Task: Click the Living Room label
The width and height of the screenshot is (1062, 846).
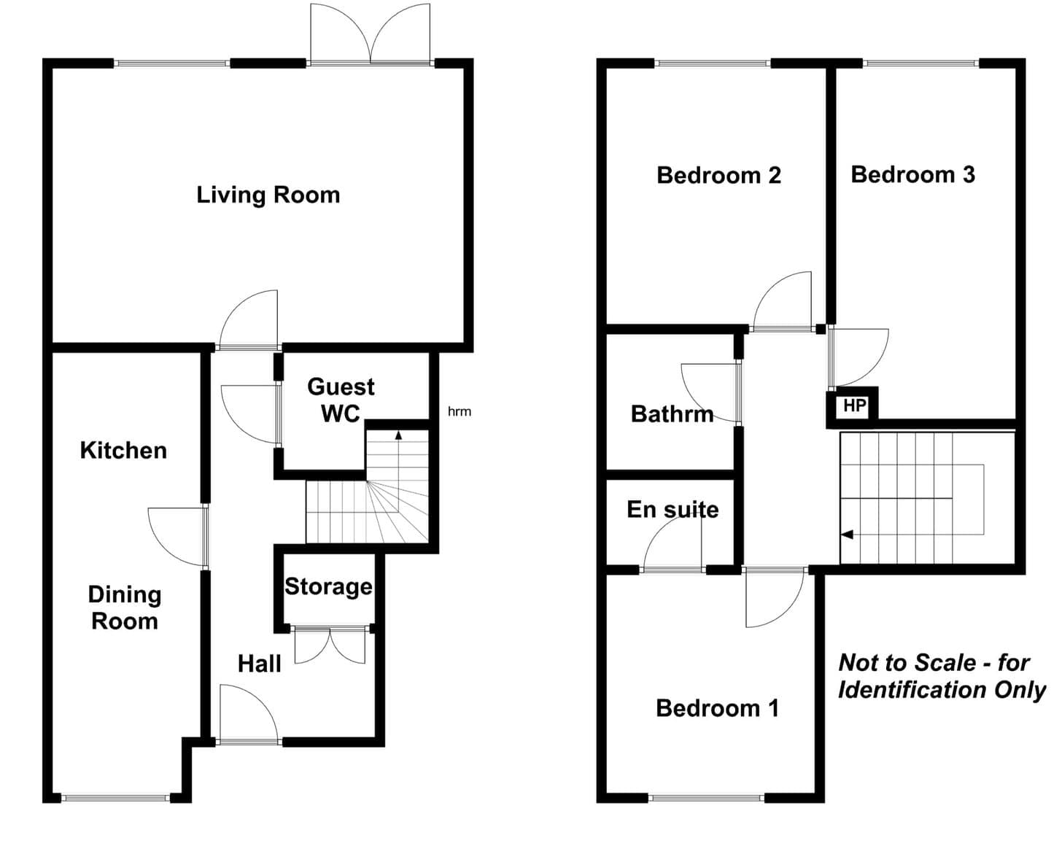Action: point(268,195)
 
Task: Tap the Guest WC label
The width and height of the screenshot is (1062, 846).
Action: point(341,400)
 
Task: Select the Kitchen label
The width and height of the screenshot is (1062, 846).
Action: point(123,451)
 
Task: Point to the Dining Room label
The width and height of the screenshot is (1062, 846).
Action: point(125,608)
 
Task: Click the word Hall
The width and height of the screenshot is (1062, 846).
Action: point(260,664)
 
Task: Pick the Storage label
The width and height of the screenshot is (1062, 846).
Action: point(328,587)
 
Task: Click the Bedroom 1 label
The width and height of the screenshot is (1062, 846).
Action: point(717,708)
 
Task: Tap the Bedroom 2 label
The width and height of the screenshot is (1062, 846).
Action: point(718,175)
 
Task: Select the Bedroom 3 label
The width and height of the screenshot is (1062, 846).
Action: point(913,175)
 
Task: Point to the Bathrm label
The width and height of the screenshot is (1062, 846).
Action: point(673,414)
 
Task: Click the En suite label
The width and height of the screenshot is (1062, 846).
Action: point(673,510)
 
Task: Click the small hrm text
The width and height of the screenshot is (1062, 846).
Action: point(460,411)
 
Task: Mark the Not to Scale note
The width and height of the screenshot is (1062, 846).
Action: point(942,676)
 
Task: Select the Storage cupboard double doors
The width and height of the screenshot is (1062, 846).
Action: point(330,645)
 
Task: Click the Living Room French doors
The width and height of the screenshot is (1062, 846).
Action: point(370,34)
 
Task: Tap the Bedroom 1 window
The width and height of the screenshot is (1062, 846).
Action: point(706,798)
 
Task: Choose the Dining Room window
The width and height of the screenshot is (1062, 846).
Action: point(115,798)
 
